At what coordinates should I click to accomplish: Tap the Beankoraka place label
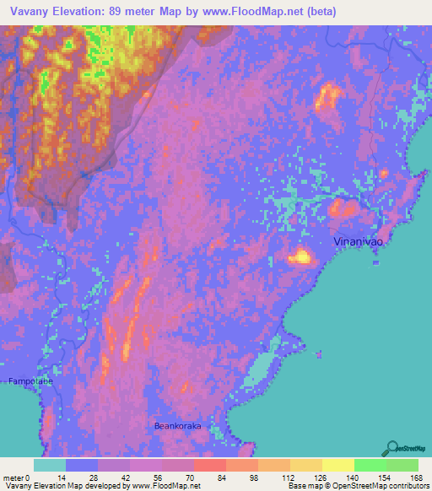click(178, 427)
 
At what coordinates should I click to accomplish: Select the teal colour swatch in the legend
click(50, 465)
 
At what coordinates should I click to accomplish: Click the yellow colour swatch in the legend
click(337, 465)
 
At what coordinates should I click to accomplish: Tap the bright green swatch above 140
click(370, 465)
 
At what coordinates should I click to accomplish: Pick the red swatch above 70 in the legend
click(209, 465)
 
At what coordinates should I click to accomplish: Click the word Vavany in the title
click(30, 12)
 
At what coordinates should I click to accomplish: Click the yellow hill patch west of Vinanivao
click(300, 255)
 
